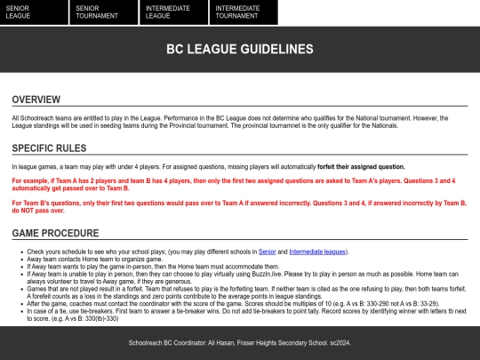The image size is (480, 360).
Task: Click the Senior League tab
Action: [34, 12]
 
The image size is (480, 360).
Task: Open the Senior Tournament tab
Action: [103, 12]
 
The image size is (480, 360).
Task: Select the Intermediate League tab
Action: [173, 12]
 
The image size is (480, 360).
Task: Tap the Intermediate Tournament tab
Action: [243, 12]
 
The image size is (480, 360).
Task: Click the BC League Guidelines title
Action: [240, 49]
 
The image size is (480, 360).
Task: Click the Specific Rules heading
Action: [49, 148]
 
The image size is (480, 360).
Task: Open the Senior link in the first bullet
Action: [267, 252]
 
